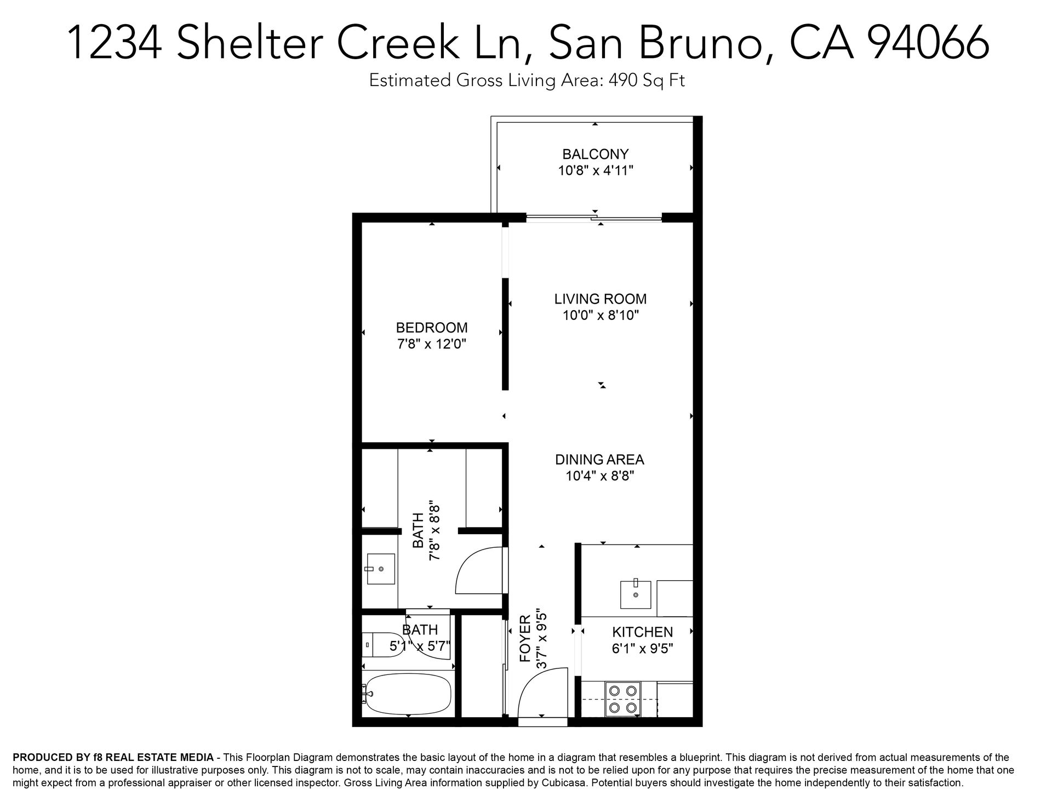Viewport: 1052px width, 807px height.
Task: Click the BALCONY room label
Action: tap(596, 154)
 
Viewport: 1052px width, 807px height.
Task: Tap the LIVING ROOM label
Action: tap(601, 299)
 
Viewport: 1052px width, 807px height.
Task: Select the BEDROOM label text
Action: tap(432, 328)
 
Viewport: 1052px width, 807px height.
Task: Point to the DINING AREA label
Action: tap(600, 460)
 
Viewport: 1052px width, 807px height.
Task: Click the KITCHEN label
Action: tap(642, 632)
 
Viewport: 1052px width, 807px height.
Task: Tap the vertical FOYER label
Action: tap(525, 638)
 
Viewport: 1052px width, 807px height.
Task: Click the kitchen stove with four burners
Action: tap(622, 699)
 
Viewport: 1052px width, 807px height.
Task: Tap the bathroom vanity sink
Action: tap(380, 569)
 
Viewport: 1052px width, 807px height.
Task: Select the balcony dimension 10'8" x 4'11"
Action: tap(596, 170)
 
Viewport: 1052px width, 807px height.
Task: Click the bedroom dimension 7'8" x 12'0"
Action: tap(432, 344)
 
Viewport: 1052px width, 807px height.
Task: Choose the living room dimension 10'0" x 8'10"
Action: tap(601, 316)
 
